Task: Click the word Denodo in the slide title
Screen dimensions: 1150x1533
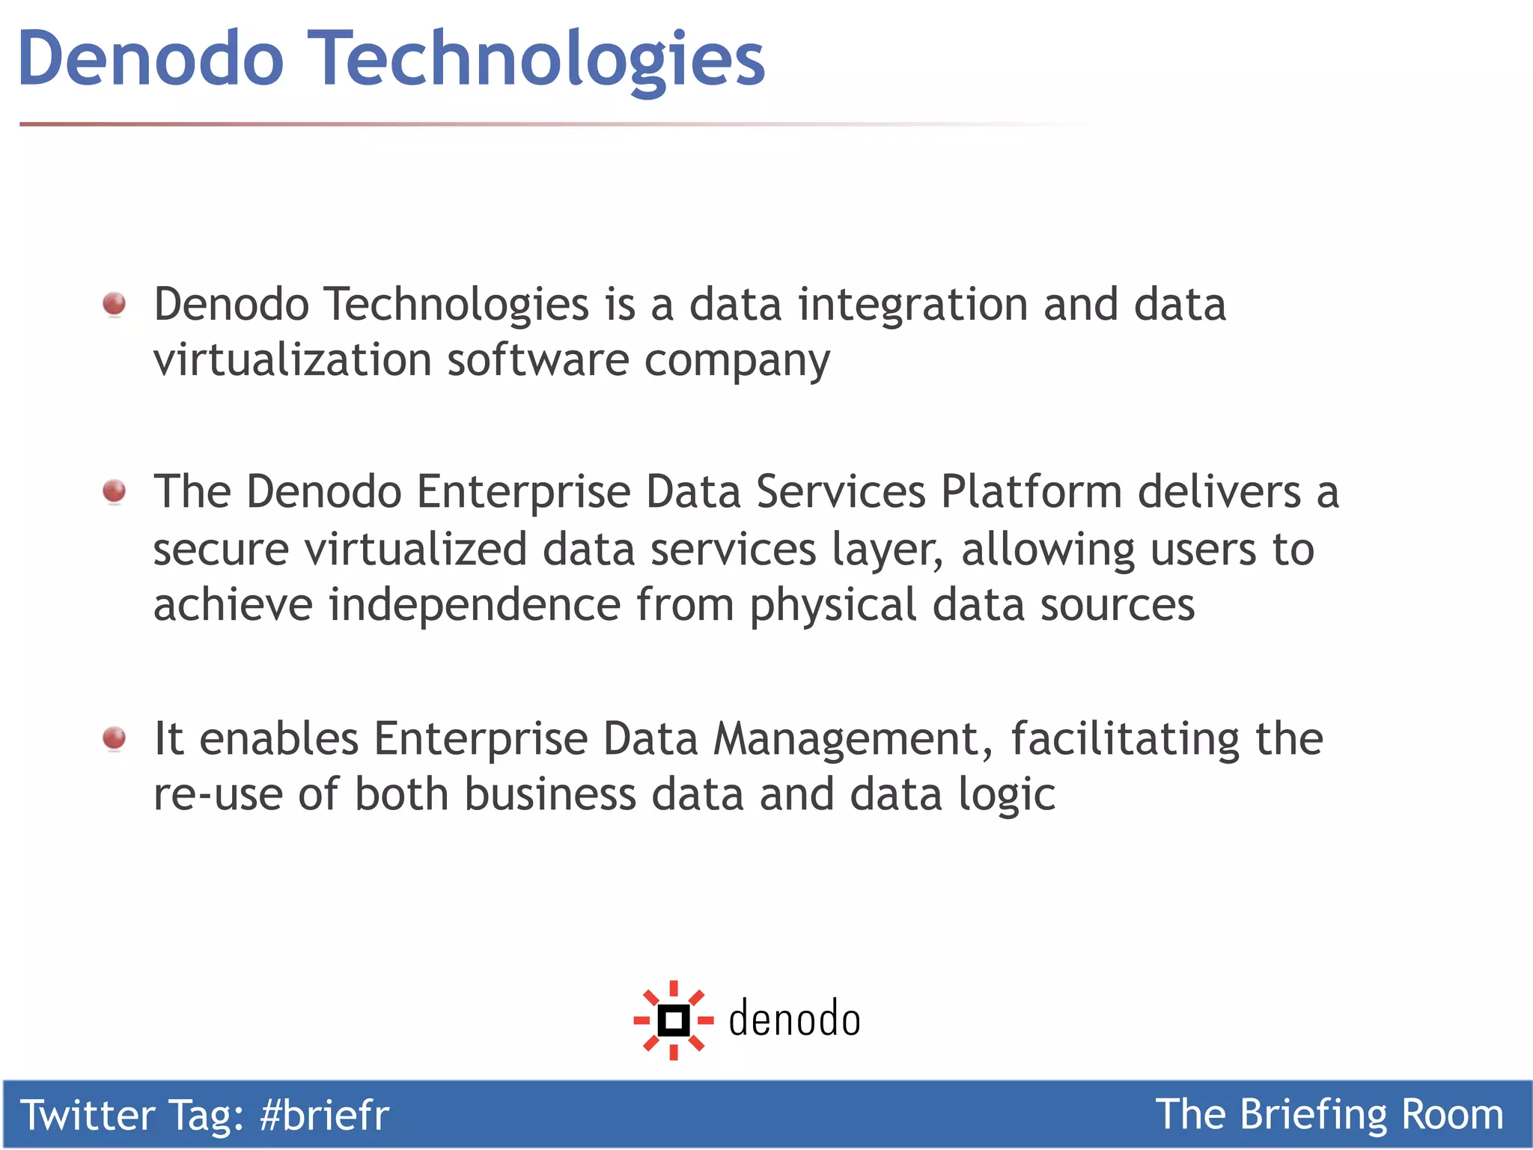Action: [x=150, y=58]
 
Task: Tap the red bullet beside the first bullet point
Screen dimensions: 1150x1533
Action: [x=115, y=304]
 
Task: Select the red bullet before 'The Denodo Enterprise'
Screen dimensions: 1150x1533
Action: [x=115, y=491]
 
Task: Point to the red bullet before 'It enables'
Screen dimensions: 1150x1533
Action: [x=115, y=738]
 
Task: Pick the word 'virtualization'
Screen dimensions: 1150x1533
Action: [x=292, y=360]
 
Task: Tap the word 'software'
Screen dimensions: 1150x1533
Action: [x=538, y=360]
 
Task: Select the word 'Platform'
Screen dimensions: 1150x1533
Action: [x=1031, y=493]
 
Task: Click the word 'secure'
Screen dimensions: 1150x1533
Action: [x=221, y=550]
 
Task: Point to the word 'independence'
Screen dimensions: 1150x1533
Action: [x=475, y=605]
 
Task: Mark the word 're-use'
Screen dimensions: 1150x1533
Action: [x=218, y=795]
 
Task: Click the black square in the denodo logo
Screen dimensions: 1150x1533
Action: [x=673, y=1020]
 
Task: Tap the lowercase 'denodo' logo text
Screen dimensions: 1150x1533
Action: [x=794, y=1020]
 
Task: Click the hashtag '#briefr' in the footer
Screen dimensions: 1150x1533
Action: [x=324, y=1116]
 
